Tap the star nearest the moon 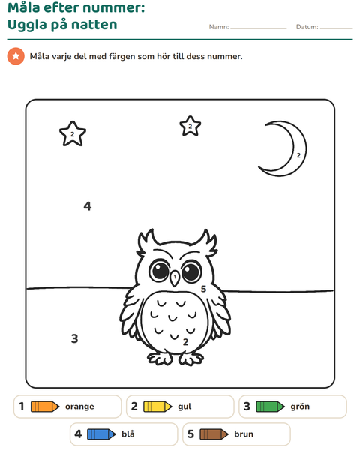coord(190,126)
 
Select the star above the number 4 coord(73,133)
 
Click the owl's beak coord(175,278)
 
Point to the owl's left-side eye coord(159,271)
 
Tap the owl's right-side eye coord(191,271)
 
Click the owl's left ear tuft coord(147,241)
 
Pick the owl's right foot coord(190,358)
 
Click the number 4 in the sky coord(88,205)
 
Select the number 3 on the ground coord(75,338)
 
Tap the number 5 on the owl coord(203,289)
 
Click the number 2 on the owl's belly coord(186,342)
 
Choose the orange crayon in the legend coord(45,406)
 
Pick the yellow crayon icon coord(157,406)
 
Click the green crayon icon coord(271,406)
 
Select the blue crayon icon coord(101,434)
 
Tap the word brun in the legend coord(244,433)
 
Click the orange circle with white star coord(16,56)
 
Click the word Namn coord(219,27)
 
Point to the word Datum coord(307,27)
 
